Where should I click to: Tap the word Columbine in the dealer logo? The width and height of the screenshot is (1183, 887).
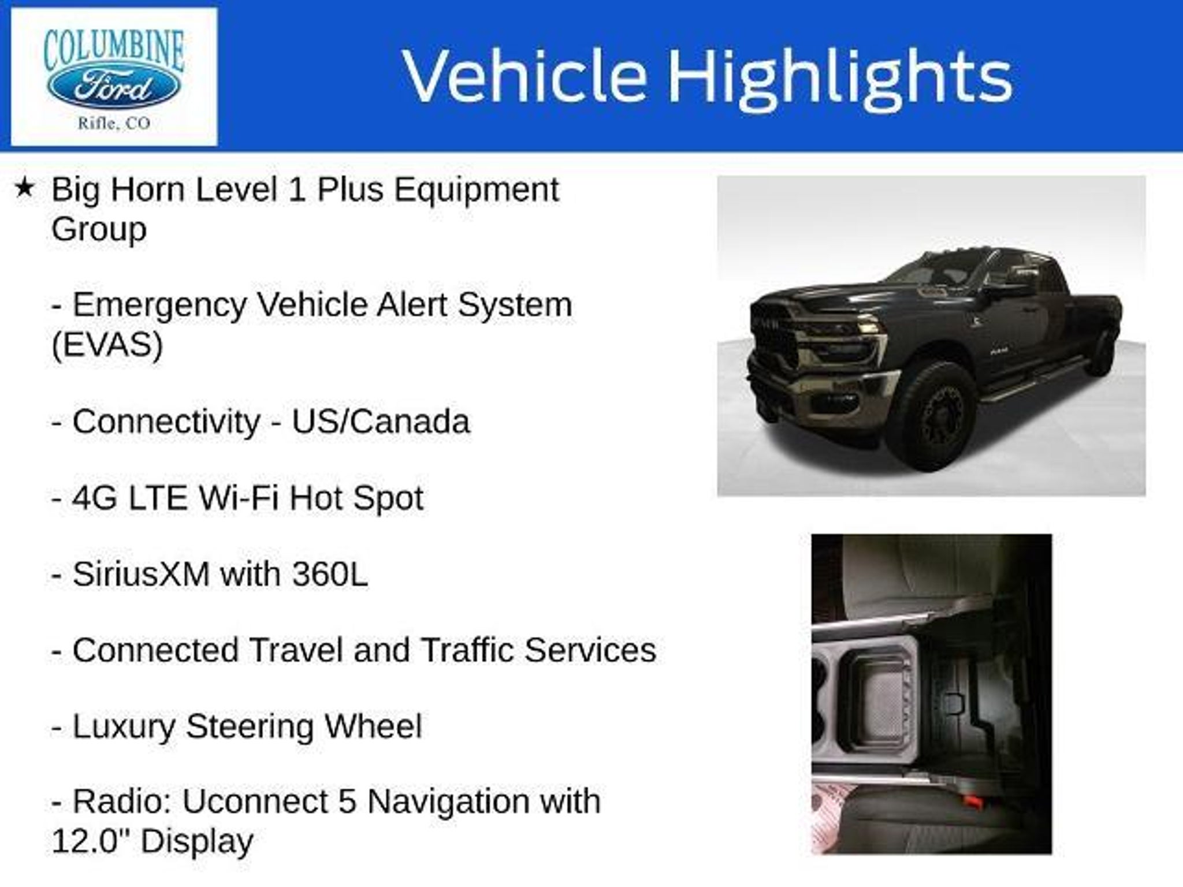(114, 50)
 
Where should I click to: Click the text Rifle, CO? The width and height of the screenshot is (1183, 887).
(114, 124)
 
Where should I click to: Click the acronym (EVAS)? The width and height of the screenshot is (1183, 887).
(107, 344)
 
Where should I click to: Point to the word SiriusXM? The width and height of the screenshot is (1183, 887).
(141, 574)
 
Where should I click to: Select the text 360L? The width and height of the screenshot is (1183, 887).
(330, 574)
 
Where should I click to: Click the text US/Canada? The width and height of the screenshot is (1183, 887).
(381, 422)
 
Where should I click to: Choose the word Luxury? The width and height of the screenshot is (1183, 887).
(124, 727)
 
